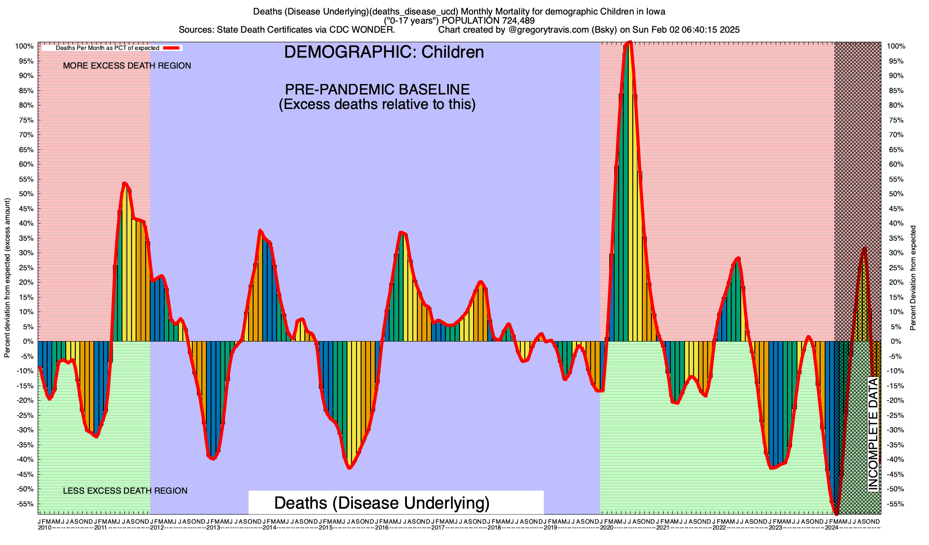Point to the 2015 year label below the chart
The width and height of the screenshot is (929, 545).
click(325, 528)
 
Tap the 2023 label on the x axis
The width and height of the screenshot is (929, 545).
click(775, 528)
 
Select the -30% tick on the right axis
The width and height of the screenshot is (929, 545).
click(895, 430)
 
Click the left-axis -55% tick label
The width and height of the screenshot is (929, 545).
click(26, 504)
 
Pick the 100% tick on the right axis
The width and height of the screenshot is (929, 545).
click(895, 46)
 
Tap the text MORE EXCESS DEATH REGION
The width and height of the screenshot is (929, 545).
click(127, 66)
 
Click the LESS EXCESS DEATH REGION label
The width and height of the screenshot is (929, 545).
click(125, 491)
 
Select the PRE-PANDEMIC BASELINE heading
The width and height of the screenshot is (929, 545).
click(377, 89)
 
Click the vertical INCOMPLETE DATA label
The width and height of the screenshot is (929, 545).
click(873, 434)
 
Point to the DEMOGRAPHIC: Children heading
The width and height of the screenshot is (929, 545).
click(384, 52)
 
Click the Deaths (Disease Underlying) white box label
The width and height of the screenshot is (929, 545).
click(382, 503)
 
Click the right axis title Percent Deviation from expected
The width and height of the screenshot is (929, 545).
click(913, 277)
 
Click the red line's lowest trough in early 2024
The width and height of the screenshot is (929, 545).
click(836, 512)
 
